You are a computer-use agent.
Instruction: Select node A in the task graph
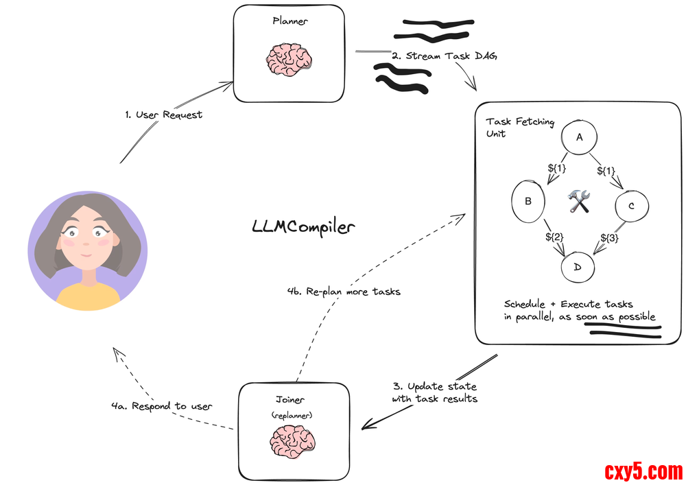(x=580, y=137)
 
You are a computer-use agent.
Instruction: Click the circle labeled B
(x=529, y=202)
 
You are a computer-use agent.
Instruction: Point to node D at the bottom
(x=578, y=266)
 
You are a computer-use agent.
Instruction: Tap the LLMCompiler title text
(x=304, y=227)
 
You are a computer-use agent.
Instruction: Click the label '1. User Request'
(x=164, y=115)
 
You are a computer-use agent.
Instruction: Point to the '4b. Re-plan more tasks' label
(x=344, y=292)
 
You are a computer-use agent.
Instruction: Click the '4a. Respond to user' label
(x=162, y=406)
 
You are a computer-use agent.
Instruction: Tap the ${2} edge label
(x=554, y=237)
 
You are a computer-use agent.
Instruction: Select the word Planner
(x=290, y=21)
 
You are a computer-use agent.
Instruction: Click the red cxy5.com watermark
(x=643, y=472)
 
